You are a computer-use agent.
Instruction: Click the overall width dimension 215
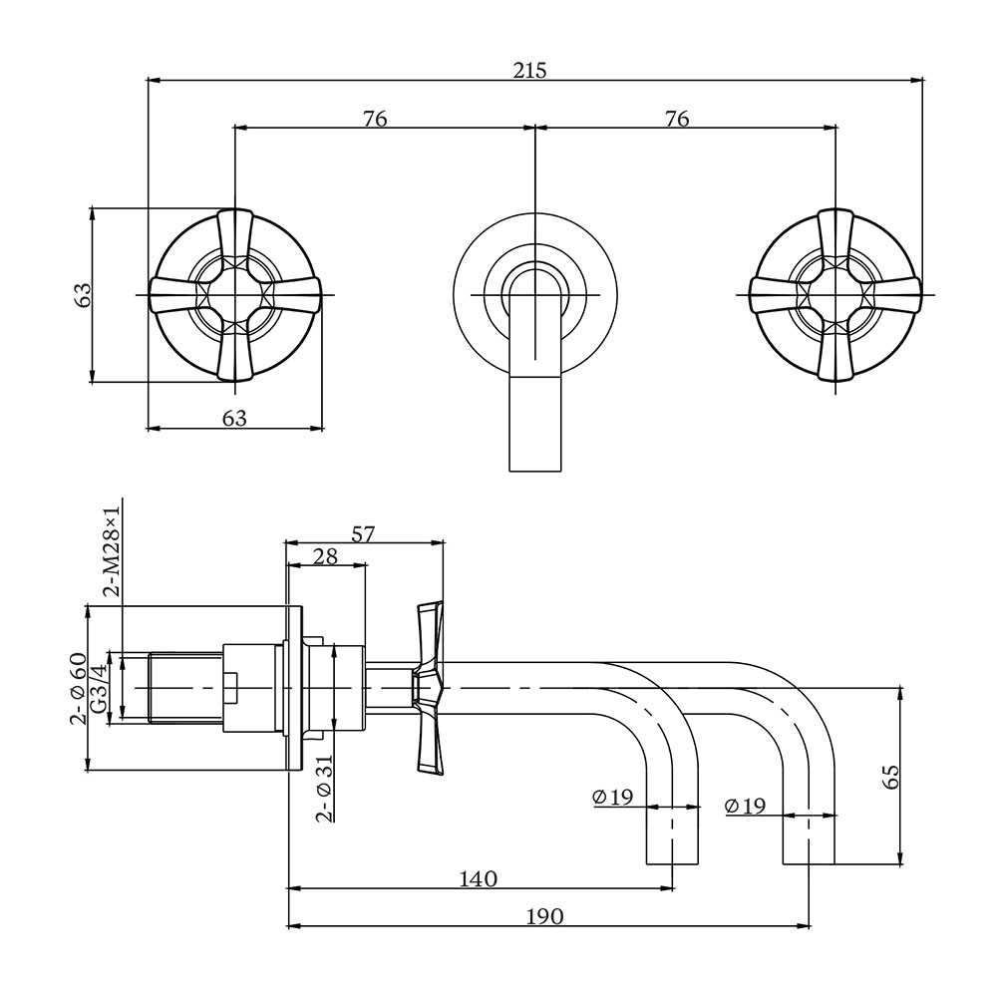coord(530,70)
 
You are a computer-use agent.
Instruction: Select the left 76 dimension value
coord(375,119)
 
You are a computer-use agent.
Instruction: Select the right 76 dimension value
coord(677,119)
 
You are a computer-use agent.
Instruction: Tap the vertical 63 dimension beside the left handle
coord(83,293)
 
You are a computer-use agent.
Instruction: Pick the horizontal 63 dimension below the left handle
coord(234,418)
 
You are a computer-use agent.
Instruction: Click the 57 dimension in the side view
coord(363,533)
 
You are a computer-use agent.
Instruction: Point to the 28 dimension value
coord(325,556)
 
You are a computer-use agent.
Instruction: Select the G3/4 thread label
coord(98,687)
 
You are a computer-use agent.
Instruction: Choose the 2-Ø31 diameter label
coord(324,788)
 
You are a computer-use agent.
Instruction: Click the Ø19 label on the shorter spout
coord(612,797)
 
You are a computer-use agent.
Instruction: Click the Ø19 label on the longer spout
coord(746,806)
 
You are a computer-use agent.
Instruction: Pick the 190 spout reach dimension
coord(544,916)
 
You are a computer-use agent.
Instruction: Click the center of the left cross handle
coord(235,294)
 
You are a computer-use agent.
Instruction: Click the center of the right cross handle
coord(835,294)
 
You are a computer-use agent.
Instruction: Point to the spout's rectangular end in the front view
coord(536,424)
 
